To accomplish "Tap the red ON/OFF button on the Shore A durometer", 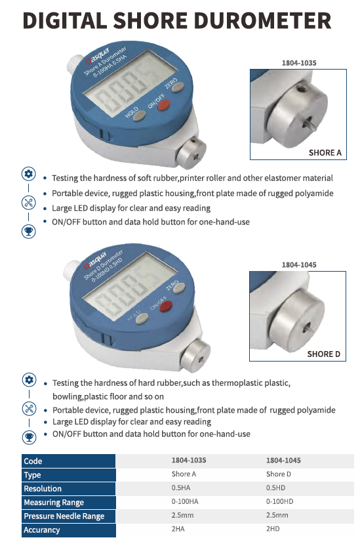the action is [x=163, y=105].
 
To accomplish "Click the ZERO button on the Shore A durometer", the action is [x=177, y=87].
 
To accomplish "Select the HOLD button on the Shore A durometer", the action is [x=138, y=115].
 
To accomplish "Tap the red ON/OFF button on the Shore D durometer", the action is [x=166, y=306].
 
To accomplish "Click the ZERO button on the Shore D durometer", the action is [x=179, y=288].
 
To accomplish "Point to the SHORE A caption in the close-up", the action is [x=325, y=153].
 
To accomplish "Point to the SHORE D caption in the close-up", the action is [x=324, y=354].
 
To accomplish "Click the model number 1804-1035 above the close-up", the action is [x=299, y=63].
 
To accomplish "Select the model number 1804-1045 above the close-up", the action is [x=299, y=265].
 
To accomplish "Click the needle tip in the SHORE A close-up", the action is [x=313, y=128].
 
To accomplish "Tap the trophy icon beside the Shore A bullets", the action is [x=29, y=231].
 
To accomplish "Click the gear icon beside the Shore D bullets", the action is [x=29, y=380].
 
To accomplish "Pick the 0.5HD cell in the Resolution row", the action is [x=275, y=488].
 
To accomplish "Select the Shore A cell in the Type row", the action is [x=184, y=474].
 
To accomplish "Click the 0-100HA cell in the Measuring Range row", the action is [x=185, y=501].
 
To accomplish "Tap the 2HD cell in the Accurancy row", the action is [x=273, y=528].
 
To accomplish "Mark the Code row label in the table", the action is [x=33, y=461].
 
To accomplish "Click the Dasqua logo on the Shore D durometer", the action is [x=95, y=261].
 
